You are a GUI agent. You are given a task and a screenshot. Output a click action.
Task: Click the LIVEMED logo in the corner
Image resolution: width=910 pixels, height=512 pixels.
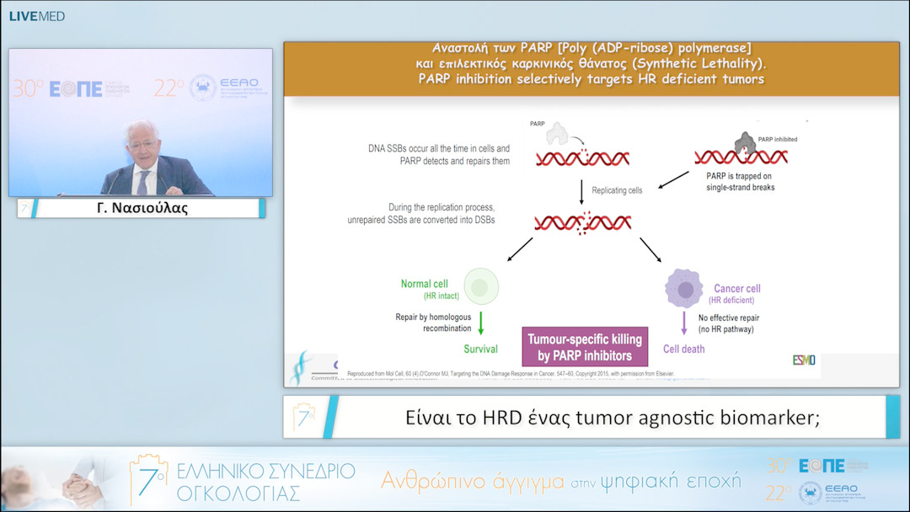(x=36, y=16)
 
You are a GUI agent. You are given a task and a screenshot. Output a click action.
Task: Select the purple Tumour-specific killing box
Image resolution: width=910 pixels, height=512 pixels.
(x=585, y=347)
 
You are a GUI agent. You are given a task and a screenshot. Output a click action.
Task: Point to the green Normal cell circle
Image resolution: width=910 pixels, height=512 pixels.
(x=481, y=286)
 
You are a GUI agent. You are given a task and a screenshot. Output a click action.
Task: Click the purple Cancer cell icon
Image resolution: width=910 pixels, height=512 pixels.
(x=683, y=289)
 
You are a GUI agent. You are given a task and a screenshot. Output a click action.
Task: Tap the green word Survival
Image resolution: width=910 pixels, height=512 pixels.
(x=479, y=349)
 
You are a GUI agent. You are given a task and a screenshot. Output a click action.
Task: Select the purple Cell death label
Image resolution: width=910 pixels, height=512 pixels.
(x=683, y=349)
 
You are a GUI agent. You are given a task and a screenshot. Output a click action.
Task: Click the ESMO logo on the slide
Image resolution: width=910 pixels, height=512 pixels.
(x=803, y=360)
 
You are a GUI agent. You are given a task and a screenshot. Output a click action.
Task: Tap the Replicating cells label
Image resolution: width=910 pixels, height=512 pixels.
(x=617, y=190)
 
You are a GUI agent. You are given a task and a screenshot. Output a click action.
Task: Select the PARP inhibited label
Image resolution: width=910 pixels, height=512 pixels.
(x=777, y=140)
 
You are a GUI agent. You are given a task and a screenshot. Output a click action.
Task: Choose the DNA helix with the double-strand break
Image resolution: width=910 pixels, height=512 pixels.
(x=582, y=222)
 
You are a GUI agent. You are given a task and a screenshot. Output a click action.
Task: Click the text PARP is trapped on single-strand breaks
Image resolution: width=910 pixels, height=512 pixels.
(x=740, y=181)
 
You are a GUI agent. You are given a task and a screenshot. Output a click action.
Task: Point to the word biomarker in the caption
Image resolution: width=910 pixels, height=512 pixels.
(x=767, y=417)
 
